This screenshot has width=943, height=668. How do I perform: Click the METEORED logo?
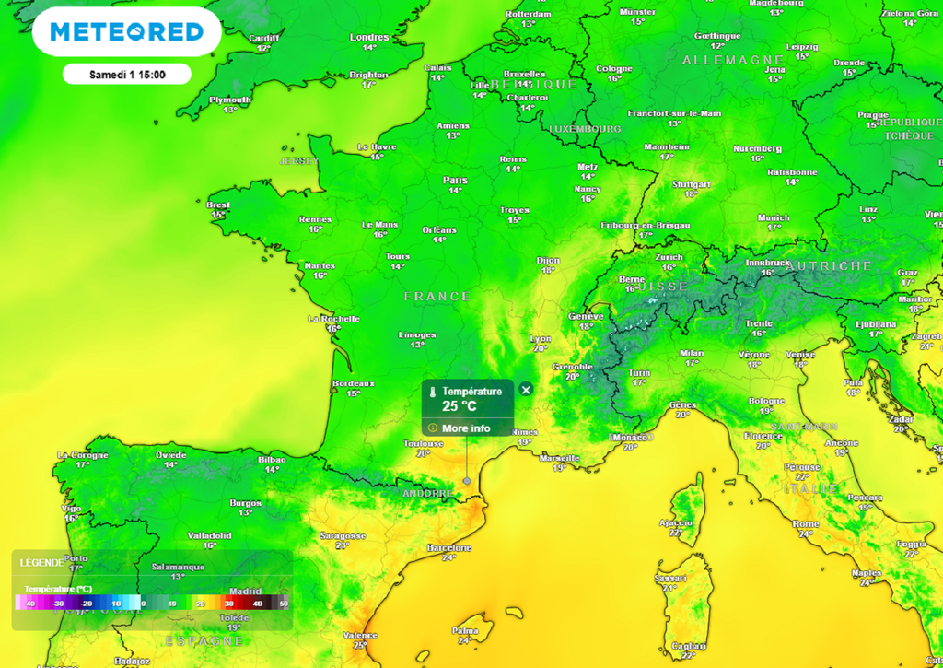click(x=126, y=32)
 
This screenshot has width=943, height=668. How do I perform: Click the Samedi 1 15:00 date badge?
click(x=127, y=74)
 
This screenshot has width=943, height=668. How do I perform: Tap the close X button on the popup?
click(x=526, y=390)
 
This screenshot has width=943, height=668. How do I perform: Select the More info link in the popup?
click(x=466, y=428)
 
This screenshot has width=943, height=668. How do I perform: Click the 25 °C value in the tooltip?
click(x=460, y=406)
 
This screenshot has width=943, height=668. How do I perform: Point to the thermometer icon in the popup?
click(x=432, y=392)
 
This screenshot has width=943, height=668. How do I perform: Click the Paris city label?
click(x=455, y=180)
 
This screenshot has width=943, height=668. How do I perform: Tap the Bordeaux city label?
click(x=354, y=383)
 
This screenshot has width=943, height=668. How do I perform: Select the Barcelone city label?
click(x=449, y=547)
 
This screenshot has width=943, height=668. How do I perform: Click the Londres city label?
click(x=369, y=37)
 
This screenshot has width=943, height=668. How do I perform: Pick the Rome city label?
click(x=805, y=523)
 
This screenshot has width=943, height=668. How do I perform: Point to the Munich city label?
click(x=774, y=217)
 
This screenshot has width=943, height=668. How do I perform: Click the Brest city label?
click(x=218, y=205)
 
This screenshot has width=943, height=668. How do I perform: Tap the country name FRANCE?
click(x=437, y=296)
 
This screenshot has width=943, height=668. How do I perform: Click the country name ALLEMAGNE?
click(x=732, y=59)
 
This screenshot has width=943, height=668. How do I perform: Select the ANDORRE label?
click(x=428, y=494)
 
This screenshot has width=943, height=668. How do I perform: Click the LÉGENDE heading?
click(x=42, y=562)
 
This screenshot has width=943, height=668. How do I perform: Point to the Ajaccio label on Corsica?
click(x=676, y=522)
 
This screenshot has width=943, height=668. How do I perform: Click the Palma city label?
click(x=466, y=630)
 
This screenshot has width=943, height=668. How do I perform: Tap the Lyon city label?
click(x=541, y=338)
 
